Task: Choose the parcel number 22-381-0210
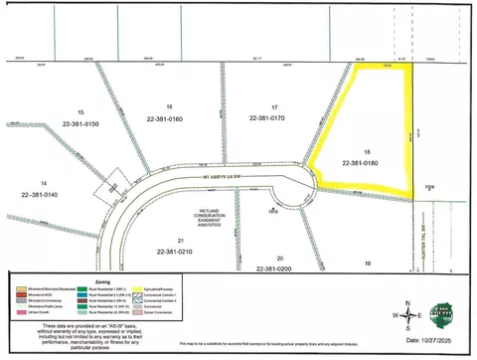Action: [x=179, y=252]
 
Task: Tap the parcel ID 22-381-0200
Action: [x=274, y=269]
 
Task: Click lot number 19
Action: [x=367, y=263]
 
